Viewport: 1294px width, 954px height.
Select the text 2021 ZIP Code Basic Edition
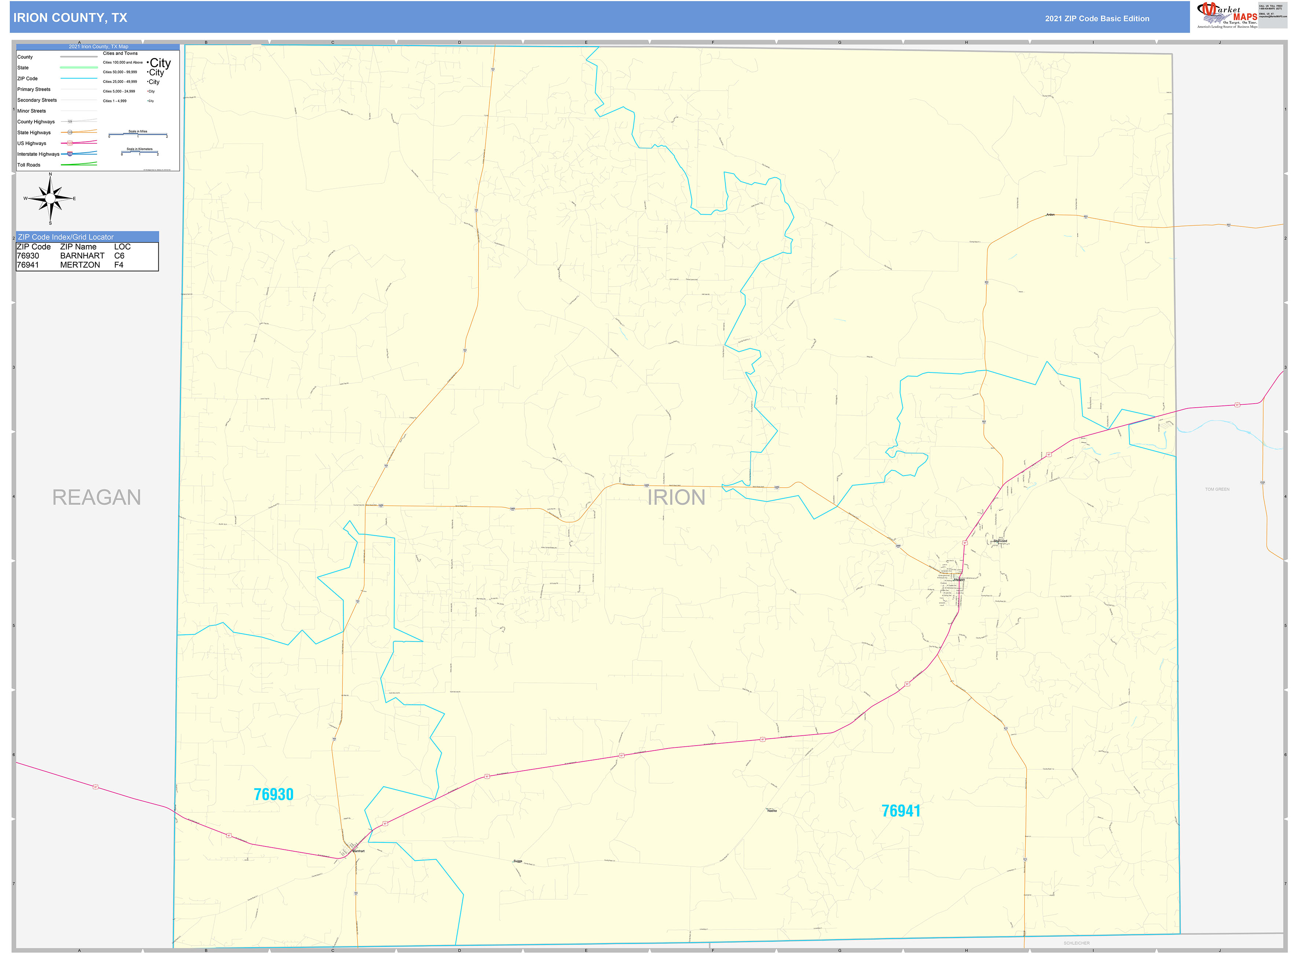1097,18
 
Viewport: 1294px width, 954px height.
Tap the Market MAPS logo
1227,15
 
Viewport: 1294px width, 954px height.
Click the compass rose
50,199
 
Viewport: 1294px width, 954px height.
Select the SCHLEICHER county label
1077,943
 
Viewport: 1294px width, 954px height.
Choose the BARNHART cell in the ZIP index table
83,256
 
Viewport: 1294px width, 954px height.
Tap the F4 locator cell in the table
119,265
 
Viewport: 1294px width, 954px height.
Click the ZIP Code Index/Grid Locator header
66,237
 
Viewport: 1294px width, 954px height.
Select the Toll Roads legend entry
29,165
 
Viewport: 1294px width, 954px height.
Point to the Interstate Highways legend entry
38,154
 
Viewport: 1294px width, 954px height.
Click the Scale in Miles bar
138,135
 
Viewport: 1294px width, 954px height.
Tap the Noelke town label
771,811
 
